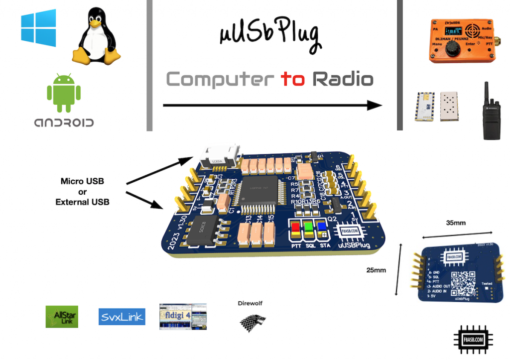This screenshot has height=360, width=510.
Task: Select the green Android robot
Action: tap(63, 93)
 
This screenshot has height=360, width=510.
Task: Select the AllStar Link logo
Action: tap(62, 316)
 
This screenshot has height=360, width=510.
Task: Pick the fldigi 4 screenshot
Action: tap(183, 316)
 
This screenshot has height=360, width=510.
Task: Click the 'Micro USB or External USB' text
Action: tap(82, 192)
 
